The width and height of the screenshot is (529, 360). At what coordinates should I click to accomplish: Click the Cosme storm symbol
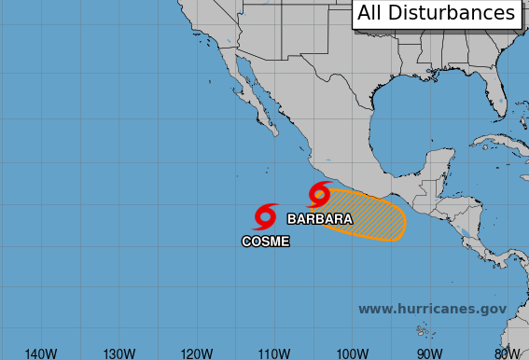(265, 216)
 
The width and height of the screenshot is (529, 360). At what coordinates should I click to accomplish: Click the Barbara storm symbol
(319, 194)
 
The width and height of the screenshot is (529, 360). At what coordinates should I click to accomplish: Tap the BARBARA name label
(320, 219)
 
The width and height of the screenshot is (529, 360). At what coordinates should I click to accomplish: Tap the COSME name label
(266, 242)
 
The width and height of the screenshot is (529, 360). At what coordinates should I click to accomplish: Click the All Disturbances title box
(436, 13)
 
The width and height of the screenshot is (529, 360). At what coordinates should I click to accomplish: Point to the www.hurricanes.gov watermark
(432, 309)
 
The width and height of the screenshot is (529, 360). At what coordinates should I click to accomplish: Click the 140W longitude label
(41, 353)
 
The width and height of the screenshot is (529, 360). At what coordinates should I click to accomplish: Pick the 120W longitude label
(196, 353)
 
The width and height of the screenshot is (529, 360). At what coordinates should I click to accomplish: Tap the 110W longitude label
(273, 353)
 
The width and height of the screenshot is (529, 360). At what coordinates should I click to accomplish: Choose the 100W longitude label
(351, 353)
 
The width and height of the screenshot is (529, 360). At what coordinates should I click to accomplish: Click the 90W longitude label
(429, 353)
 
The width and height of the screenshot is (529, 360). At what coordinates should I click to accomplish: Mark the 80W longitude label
(507, 353)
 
